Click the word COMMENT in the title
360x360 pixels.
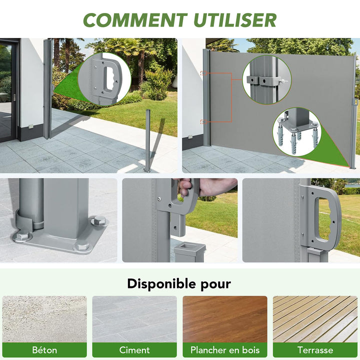point(135,20)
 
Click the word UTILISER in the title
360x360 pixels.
point(235,20)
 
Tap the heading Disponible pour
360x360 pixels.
point(179,284)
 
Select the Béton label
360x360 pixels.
point(44,350)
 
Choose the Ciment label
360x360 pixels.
point(134,350)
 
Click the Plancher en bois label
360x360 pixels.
point(225,350)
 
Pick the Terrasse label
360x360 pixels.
point(315,350)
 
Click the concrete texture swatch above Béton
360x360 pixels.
point(44,319)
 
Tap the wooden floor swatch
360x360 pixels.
point(225,319)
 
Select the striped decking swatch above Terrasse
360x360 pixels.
point(315,319)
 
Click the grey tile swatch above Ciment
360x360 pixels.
point(134,319)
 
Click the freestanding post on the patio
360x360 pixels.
point(147,140)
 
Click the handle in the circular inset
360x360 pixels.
point(109,79)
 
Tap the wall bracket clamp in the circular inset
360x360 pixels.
point(264,81)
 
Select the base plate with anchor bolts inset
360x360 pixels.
point(296,131)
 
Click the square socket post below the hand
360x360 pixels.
point(189,252)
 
